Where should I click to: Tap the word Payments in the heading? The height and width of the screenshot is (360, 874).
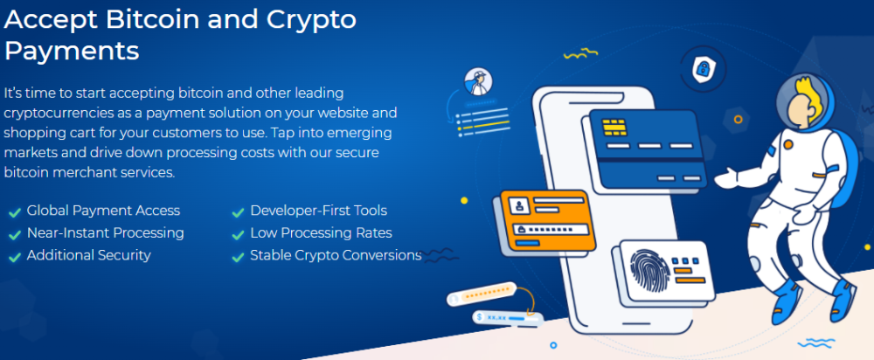(x=72, y=52)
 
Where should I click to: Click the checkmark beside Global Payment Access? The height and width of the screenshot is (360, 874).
(x=15, y=212)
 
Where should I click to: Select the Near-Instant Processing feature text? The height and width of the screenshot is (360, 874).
(x=106, y=232)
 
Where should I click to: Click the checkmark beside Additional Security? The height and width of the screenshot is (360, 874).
(x=15, y=257)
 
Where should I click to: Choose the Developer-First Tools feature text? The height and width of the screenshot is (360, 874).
(x=318, y=211)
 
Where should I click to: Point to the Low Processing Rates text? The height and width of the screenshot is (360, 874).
(x=321, y=233)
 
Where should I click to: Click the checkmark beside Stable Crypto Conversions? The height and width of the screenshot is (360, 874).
(x=238, y=257)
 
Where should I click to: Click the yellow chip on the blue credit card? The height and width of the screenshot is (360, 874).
(x=614, y=127)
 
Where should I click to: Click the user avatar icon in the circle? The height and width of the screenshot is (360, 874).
(x=479, y=81)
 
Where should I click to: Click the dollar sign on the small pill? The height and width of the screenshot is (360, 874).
(x=479, y=317)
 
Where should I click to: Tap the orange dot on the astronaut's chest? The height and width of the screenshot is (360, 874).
(x=787, y=144)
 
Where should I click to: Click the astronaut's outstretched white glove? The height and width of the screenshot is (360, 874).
(x=727, y=177)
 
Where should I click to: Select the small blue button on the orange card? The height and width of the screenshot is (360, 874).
(x=527, y=243)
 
